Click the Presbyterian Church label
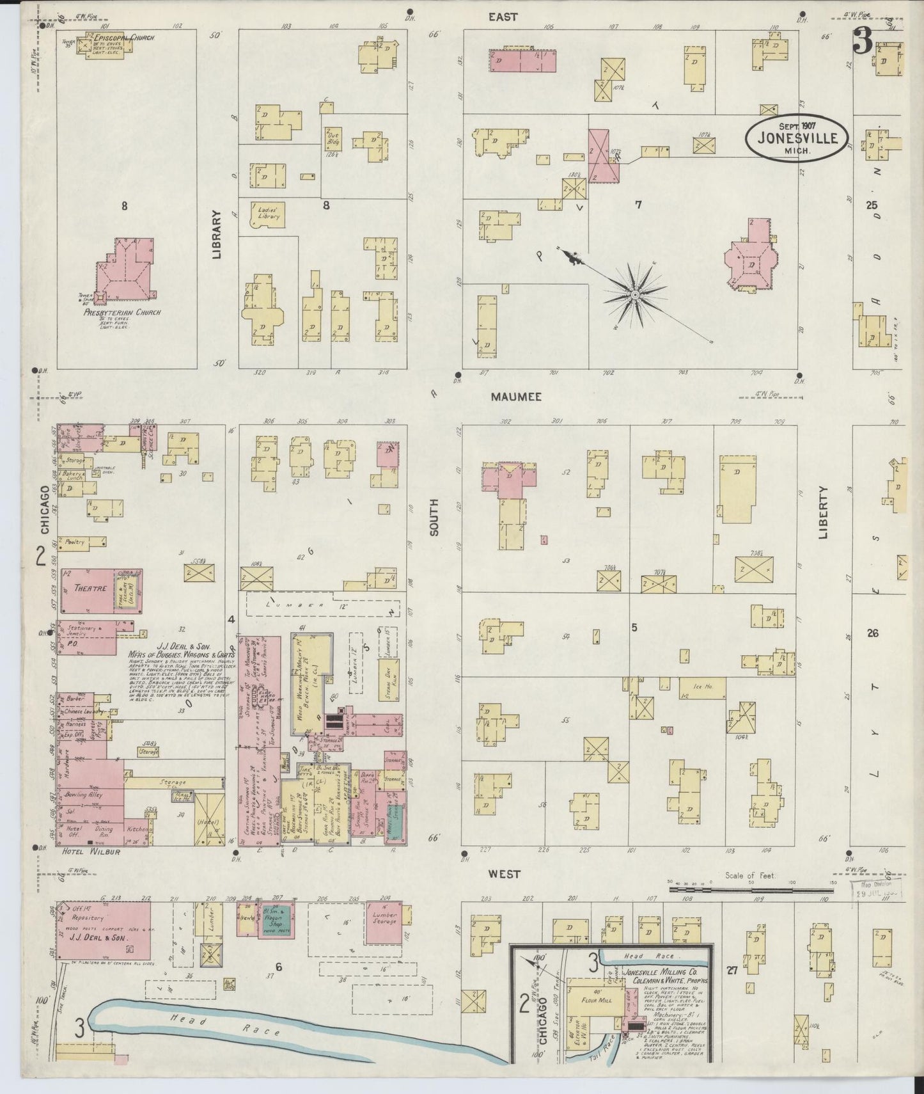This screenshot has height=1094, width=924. coord(123,313)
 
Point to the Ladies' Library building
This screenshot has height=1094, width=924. coord(268,213)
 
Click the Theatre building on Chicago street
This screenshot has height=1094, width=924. coord(90,588)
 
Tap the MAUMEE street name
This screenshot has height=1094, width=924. coord(516,397)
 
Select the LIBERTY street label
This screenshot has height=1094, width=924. coord(823,512)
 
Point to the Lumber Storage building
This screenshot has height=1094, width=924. coord(384,922)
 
